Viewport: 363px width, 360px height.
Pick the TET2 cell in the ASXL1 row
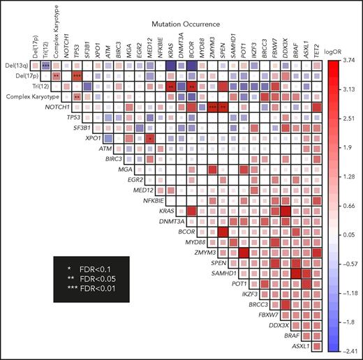coord(317,346)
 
